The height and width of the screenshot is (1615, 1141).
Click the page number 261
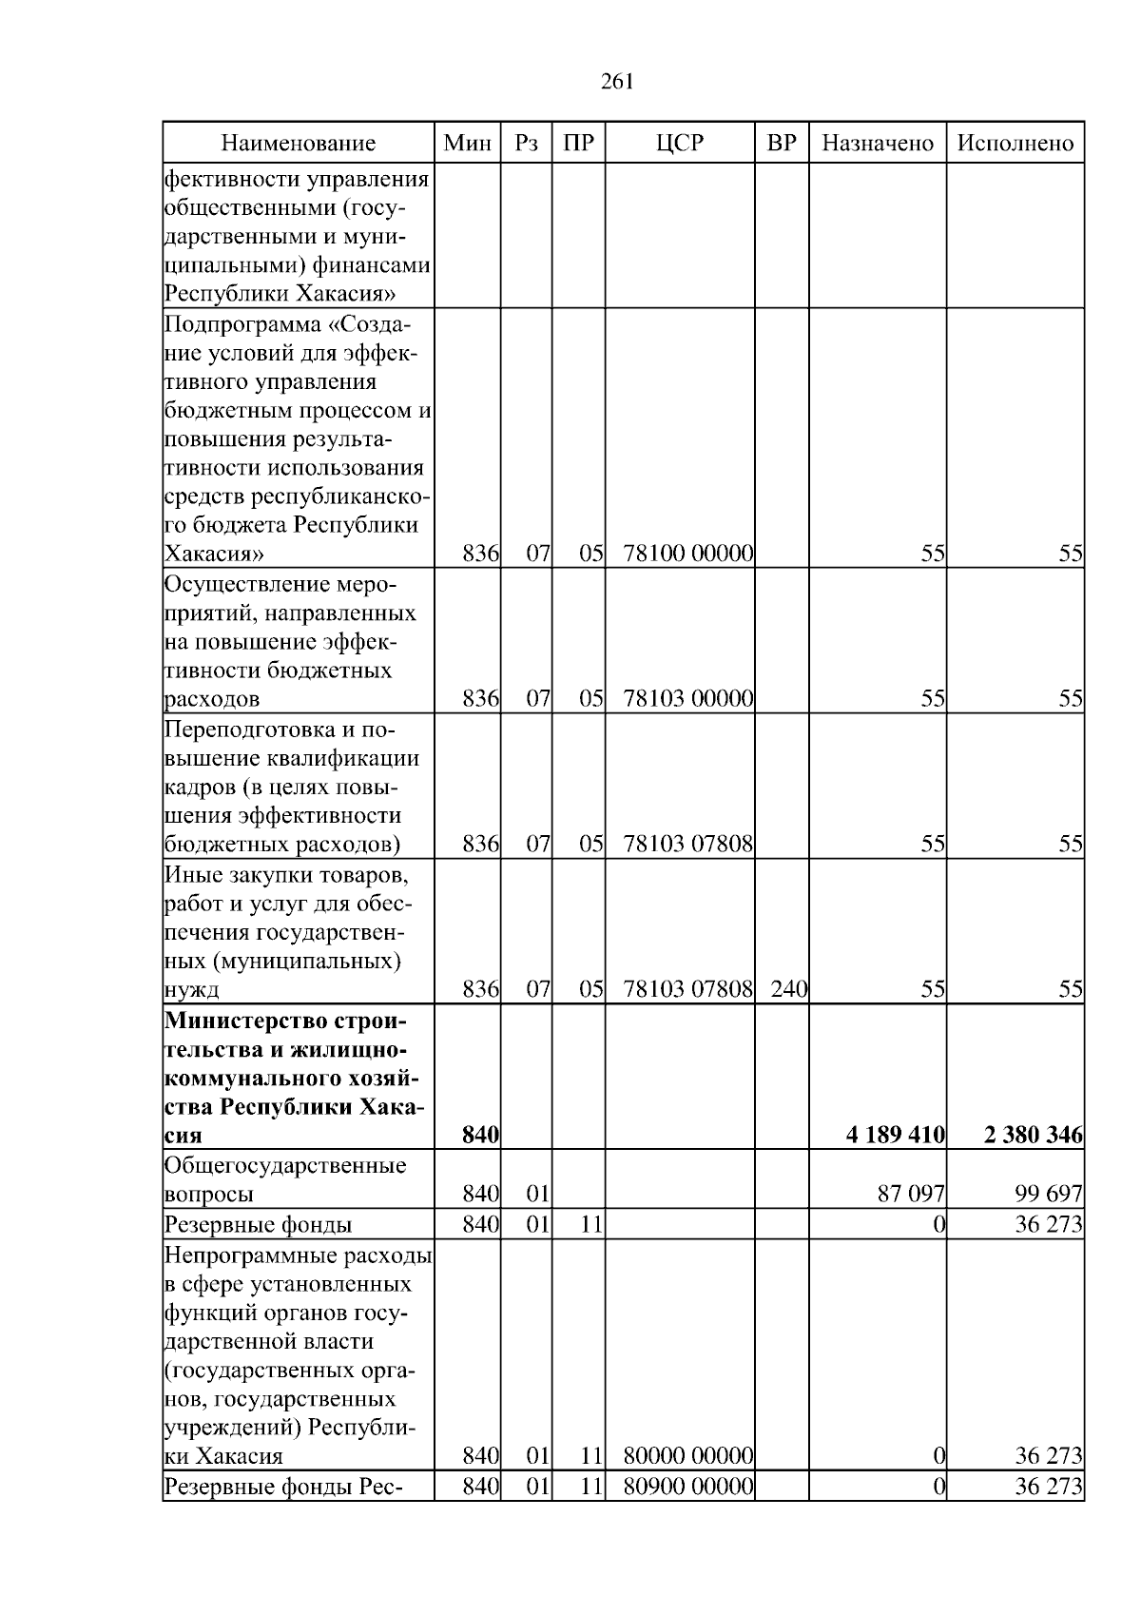click(x=617, y=82)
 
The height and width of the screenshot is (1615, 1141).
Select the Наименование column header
click(x=298, y=144)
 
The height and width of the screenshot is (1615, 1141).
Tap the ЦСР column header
click(x=680, y=144)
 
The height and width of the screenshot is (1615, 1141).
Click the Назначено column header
click(x=877, y=144)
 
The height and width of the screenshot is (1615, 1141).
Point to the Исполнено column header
click(x=1015, y=144)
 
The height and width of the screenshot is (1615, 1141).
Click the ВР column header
click(x=781, y=144)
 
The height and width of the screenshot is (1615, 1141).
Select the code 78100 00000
click(x=688, y=554)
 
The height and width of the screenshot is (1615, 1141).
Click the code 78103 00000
click(x=688, y=699)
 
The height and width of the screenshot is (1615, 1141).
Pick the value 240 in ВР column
click(x=788, y=989)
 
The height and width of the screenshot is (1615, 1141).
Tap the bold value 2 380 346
click(x=1033, y=1135)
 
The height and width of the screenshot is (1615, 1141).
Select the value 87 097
click(x=911, y=1194)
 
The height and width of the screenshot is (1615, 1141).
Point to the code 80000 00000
click(x=688, y=1456)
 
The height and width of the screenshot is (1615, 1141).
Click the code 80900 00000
click(x=688, y=1487)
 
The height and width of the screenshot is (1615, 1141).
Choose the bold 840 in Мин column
click(x=480, y=1135)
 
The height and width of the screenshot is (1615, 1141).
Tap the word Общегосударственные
click(x=285, y=1165)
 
